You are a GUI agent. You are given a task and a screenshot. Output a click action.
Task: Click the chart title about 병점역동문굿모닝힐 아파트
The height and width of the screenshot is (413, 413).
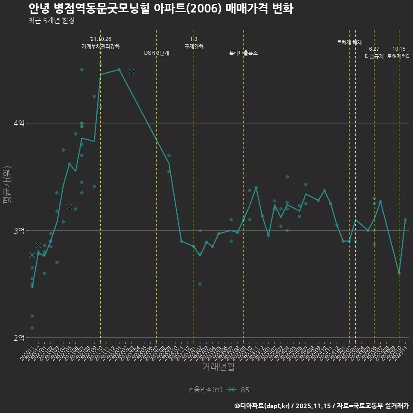point(161,9)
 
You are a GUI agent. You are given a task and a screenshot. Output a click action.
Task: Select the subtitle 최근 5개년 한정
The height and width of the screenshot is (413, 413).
point(52,20)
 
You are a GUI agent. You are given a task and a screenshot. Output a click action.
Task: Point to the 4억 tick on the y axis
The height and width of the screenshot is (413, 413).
point(19,123)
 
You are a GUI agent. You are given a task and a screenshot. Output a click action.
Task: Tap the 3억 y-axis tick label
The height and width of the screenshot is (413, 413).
point(19,231)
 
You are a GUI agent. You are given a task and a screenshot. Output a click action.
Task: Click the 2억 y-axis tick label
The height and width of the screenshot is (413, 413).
point(19,338)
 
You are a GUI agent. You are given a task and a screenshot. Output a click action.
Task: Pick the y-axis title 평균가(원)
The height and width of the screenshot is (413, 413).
point(7,187)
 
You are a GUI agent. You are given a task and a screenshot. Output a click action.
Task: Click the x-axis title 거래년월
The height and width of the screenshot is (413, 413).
point(218,367)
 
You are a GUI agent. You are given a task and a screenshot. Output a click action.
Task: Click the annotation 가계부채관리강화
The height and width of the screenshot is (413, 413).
point(101,46)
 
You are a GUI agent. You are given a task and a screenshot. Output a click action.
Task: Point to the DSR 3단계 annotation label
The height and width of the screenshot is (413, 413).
point(157,53)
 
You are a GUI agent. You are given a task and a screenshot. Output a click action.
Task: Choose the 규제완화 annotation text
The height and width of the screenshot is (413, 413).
point(194,46)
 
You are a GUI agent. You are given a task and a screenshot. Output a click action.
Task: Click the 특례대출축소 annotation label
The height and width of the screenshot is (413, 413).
point(243,53)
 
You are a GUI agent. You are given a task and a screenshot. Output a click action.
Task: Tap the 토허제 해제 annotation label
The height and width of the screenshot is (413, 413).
point(349,43)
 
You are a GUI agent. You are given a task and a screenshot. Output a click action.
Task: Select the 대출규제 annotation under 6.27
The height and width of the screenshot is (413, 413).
point(374,56)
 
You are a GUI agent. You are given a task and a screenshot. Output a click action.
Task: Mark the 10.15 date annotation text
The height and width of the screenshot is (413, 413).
point(399,49)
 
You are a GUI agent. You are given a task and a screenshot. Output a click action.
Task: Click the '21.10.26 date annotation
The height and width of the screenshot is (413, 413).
point(101,39)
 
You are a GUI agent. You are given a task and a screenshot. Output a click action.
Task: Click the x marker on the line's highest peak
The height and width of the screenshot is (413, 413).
point(132,71)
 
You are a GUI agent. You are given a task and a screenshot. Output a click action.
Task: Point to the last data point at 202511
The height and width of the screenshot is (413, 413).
point(405,219)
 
